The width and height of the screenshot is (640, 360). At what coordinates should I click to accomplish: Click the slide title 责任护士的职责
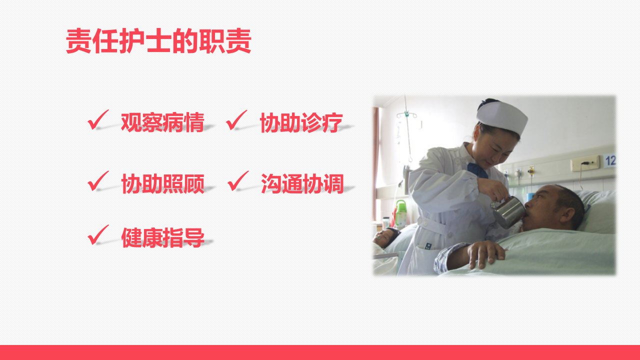(x=158, y=41)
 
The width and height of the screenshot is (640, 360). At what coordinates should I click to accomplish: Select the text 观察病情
(x=162, y=122)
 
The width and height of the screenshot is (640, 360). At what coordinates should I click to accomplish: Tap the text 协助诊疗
(x=301, y=122)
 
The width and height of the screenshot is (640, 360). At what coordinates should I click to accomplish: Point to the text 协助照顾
(x=163, y=183)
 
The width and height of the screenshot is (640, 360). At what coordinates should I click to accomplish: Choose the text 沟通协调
(x=302, y=183)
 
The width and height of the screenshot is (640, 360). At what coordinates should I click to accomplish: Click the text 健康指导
(x=163, y=237)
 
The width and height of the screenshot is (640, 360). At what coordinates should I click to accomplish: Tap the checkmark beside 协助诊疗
(x=236, y=120)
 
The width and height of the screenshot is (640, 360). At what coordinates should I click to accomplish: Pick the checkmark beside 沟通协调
(x=238, y=181)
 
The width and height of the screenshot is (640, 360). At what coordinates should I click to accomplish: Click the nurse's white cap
(x=502, y=116)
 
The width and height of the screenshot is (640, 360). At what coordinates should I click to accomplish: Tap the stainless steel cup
(x=508, y=211)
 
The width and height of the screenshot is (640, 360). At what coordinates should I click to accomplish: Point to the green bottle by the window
(x=401, y=213)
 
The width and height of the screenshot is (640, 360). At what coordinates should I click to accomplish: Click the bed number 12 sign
(x=609, y=160)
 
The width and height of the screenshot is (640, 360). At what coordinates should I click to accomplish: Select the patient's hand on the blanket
(x=485, y=253)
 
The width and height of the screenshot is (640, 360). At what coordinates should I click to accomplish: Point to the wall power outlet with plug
(x=585, y=163)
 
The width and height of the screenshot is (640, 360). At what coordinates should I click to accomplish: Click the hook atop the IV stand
(x=406, y=115)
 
